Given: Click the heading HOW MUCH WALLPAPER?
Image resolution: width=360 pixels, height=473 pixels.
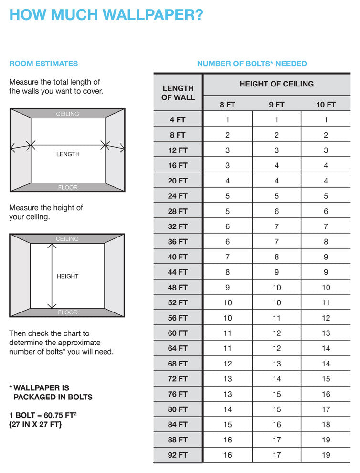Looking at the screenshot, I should [106, 15].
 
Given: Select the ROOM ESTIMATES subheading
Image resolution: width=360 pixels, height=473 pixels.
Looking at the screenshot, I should [43, 64].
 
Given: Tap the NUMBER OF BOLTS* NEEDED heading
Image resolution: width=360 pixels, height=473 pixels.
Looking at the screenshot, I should [252, 64].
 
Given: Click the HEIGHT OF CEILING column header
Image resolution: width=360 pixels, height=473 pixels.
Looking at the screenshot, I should [276, 84].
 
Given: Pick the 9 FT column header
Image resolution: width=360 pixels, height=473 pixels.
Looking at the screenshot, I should [276, 105].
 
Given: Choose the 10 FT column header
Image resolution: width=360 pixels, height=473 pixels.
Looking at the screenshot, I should [326, 105].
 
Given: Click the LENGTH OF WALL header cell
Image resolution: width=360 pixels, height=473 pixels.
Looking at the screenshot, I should [178, 93].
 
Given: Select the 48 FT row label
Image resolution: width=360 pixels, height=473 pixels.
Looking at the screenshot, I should [178, 288].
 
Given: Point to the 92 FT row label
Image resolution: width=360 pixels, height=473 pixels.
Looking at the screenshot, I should [178, 455].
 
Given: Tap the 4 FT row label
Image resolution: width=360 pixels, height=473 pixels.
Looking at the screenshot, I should [178, 120].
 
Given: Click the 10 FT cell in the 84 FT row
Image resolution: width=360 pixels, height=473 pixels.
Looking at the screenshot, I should [326, 425].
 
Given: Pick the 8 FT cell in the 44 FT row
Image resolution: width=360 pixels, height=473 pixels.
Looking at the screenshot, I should [228, 272].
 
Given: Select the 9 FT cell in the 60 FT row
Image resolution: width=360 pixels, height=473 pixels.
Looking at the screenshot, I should [276, 333].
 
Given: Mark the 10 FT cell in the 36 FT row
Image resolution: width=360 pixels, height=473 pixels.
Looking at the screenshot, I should [326, 242].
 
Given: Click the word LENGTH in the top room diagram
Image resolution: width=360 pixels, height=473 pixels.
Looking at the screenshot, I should [68, 154].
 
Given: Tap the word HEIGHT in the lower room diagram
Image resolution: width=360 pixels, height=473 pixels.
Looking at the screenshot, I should [68, 276].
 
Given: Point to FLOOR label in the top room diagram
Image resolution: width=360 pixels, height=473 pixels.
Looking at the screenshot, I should [68, 187].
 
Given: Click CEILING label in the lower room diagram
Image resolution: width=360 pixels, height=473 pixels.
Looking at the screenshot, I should [67, 239].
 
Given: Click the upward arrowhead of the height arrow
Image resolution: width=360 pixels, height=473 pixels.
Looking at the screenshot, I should [52, 246].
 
